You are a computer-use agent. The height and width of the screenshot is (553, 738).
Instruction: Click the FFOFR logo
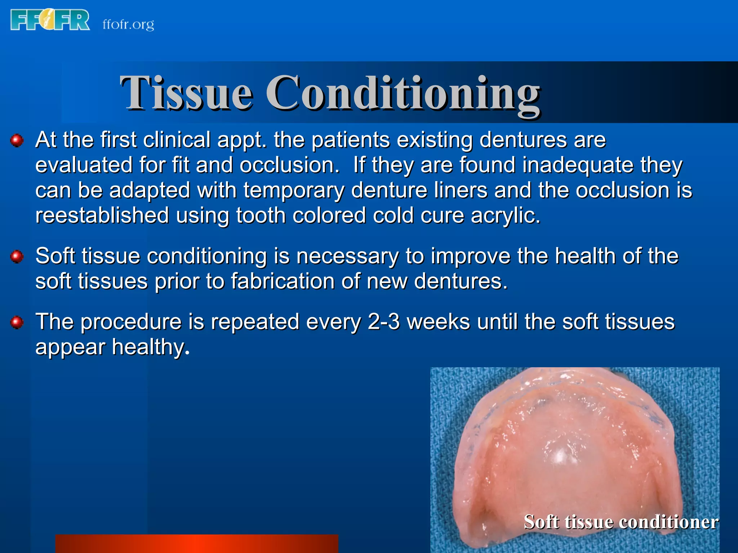coord(50,20)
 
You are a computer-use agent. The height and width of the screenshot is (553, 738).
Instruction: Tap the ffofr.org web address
coord(128,24)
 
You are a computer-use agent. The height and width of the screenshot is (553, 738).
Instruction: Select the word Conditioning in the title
coord(403,94)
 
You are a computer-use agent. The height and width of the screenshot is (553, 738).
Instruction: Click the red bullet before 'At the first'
coord(17,140)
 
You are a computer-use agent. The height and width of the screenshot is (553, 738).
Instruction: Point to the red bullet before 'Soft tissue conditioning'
coord(17,257)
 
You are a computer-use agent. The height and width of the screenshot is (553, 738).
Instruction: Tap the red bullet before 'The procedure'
coord(17,322)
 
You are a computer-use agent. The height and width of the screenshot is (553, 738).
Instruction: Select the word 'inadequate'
coord(578,165)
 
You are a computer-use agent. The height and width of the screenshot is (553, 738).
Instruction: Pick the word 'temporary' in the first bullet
coord(294,191)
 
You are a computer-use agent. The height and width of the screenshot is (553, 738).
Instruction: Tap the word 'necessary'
coord(347,256)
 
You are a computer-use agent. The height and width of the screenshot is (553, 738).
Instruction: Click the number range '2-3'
coord(383,322)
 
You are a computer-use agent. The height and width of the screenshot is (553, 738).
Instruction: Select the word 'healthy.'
coord(150,347)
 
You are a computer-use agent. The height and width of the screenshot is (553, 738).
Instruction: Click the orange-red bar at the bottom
coord(196,544)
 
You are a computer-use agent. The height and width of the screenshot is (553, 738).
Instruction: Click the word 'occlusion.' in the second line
coord(289,165)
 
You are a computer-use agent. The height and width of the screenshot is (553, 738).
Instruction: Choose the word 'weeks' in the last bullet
coord(438,322)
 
